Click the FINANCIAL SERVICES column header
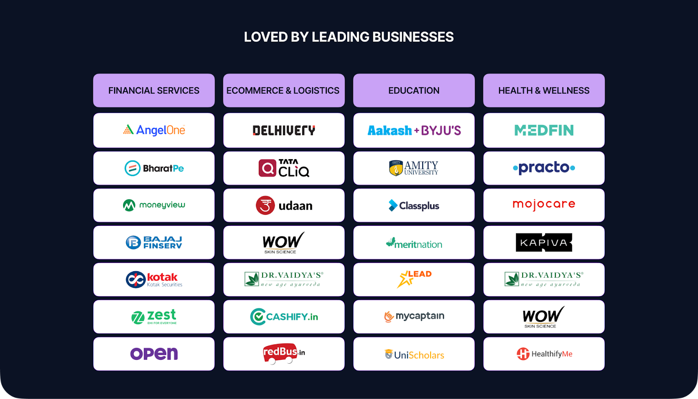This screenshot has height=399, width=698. [x=154, y=90]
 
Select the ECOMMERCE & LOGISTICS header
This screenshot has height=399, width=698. [x=284, y=90]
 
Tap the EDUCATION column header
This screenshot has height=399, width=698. [x=414, y=90]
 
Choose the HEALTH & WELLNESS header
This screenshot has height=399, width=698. [x=544, y=90]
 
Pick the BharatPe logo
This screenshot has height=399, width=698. [x=154, y=168]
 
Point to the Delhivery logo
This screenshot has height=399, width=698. [x=284, y=130]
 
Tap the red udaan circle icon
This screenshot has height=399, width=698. [x=265, y=205]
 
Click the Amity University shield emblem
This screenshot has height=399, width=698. [x=396, y=168]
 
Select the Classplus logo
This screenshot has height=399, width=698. [x=414, y=205]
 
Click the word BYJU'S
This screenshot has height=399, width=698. [x=441, y=130]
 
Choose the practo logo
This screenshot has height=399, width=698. [x=544, y=167]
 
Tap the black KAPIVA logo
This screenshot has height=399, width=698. [x=544, y=242]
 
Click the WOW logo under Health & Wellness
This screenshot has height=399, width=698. [x=543, y=317]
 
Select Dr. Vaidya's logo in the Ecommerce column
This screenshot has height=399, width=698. [x=284, y=279]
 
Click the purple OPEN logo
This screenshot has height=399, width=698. [x=154, y=354]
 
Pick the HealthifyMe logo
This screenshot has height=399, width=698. [x=544, y=354]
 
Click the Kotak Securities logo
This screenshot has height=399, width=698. [x=154, y=280]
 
